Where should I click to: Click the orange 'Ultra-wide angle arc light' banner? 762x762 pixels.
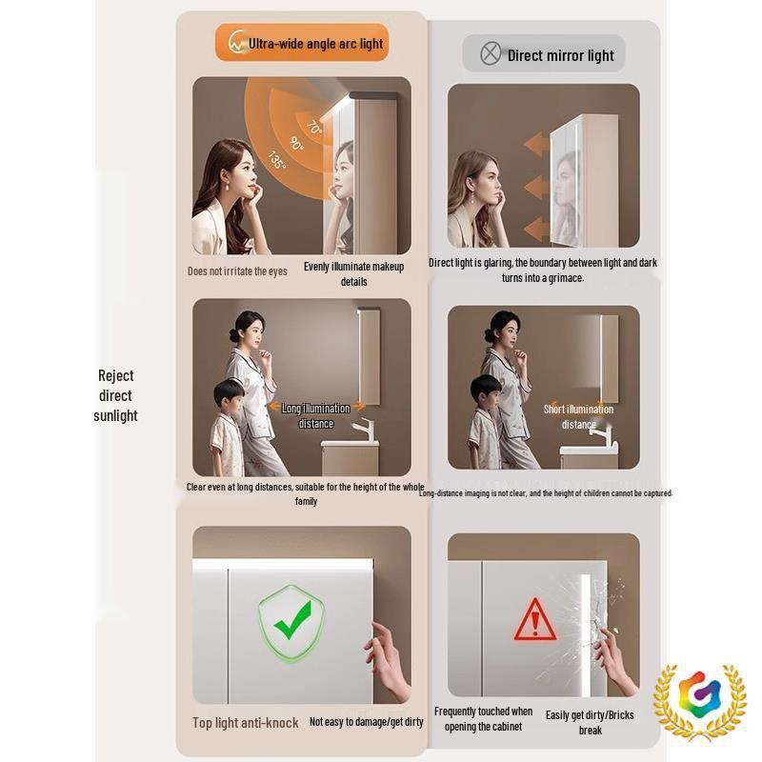tap(302, 43)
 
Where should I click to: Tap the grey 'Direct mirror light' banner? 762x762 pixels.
tap(544, 54)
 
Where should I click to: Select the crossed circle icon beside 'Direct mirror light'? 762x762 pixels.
tap(490, 54)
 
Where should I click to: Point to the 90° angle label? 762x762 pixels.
tap(295, 144)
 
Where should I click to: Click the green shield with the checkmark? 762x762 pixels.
tap(291, 624)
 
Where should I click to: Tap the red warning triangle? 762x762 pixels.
tap(534, 621)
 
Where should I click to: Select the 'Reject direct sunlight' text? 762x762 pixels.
tap(115, 395)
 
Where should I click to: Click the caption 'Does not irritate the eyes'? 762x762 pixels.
tap(237, 271)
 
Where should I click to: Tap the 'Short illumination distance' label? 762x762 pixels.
tap(578, 416)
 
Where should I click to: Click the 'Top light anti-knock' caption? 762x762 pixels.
tap(245, 723)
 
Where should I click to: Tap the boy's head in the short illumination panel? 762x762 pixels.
tap(486, 389)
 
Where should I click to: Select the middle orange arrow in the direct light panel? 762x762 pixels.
tap(536, 187)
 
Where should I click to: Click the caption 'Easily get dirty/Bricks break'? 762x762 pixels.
tap(590, 722)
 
